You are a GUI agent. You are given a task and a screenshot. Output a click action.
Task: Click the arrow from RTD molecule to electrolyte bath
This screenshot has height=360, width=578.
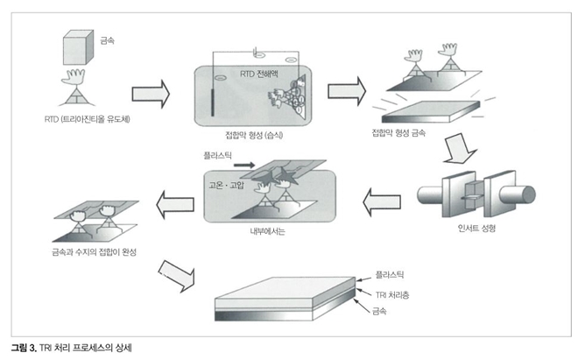pyautogui.click(x=151, y=92)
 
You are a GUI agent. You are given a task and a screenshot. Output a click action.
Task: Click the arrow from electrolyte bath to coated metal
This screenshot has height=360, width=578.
pyautogui.click(x=345, y=90)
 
